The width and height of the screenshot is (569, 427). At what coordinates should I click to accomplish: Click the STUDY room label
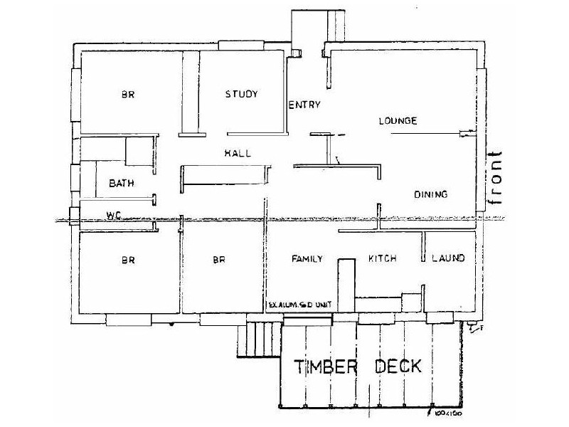pyautogui.click(x=241, y=94)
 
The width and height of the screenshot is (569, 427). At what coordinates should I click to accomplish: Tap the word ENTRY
pyautogui.click(x=304, y=105)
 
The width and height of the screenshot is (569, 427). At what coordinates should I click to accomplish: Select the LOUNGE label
pyautogui.click(x=397, y=121)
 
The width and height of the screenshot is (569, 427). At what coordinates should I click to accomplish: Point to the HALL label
pyautogui.click(x=238, y=153)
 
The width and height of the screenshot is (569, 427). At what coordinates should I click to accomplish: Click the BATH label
pyautogui.click(x=122, y=183)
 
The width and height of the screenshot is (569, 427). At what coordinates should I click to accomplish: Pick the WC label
pyautogui.click(x=112, y=214)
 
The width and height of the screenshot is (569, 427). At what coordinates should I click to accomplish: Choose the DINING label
pyautogui.click(x=430, y=194)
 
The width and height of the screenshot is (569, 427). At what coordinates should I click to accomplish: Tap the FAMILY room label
pyautogui.click(x=308, y=258)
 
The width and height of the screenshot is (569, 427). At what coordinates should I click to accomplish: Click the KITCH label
pyautogui.click(x=382, y=258)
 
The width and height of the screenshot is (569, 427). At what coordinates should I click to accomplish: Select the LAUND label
pyautogui.click(x=449, y=258)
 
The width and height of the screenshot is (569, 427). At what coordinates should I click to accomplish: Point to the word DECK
pyautogui.click(x=398, y=367)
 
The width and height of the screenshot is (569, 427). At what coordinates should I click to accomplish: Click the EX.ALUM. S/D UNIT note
pyautogui.click(x=299, y=305)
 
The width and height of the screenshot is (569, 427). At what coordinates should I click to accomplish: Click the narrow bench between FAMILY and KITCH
pyautogui.click(x=346, y=284)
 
